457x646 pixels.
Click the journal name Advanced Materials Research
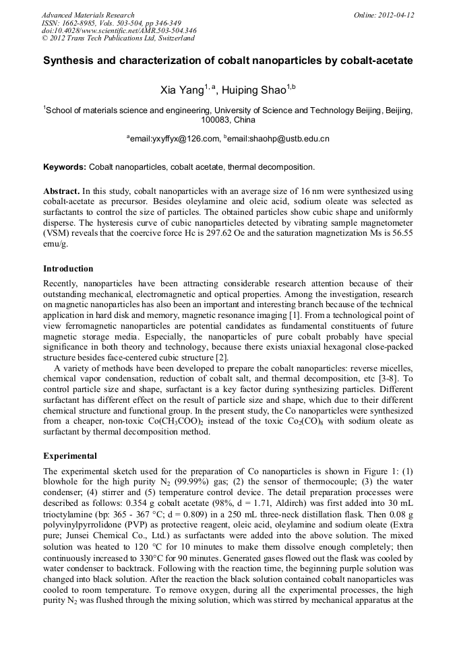click(x=88, y=15)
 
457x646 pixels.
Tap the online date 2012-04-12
click(x=396, y=15)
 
